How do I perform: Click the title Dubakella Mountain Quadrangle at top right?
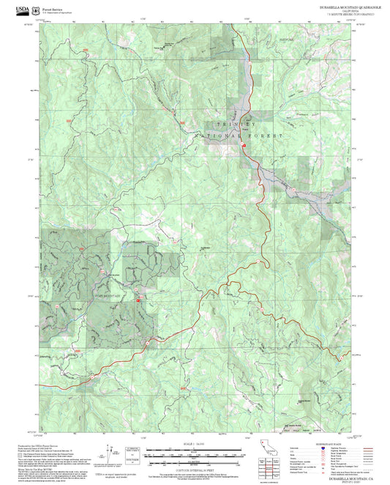327,6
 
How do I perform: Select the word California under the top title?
327,10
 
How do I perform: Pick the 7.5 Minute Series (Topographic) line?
327,15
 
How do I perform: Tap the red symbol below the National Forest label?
244,147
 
